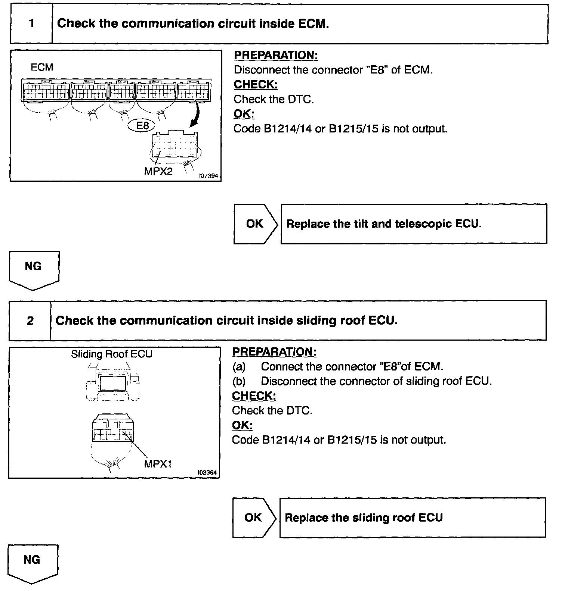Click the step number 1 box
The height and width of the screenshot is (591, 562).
point(31,24)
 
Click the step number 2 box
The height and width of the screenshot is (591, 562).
point(30,321)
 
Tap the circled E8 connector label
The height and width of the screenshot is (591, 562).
point(143,126)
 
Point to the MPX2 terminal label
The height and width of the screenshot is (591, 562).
point(158,171)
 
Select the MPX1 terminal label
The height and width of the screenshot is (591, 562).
point(158,464)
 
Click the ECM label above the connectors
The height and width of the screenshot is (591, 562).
point(42,67)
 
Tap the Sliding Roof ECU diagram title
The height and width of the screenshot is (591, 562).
point(112,354)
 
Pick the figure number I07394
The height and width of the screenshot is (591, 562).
point(208,176)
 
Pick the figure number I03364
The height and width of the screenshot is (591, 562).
point(207,473)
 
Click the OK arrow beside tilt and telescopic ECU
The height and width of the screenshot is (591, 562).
point(256,224)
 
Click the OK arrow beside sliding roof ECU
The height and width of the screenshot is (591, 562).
point(254,517)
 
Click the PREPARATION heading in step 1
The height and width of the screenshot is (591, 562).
point(276,55)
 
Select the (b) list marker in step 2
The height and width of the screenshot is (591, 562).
point(239,381)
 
